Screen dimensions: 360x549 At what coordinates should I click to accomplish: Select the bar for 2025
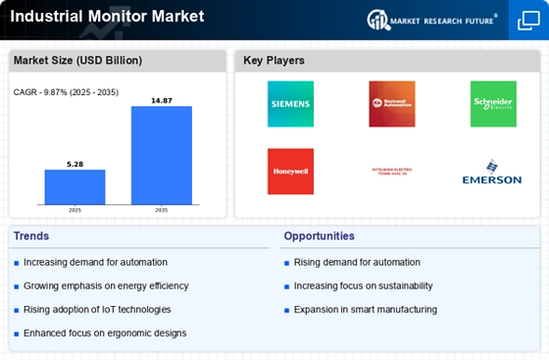click(75, 186)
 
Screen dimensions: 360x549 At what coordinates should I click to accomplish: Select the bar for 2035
click(162, 154)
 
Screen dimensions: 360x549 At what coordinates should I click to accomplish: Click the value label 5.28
click(75, 163)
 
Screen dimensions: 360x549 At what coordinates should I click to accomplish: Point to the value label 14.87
click(162, 99)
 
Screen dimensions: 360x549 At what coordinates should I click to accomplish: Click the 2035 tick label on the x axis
click(162, 210)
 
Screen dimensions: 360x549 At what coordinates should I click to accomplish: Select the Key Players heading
click(274, 61)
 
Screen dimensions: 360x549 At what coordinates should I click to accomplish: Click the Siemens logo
click(290, 103)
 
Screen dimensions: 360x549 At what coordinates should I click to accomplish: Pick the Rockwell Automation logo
click(391, 103)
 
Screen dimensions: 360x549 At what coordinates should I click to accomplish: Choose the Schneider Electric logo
click(492, 103)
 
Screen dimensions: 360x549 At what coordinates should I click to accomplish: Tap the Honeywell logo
click(290, 171)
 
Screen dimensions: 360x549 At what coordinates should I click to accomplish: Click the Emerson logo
click(492, 173)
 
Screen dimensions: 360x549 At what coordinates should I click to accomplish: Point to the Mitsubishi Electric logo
click(391, 171)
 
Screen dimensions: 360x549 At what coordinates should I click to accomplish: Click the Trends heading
click(31, 236)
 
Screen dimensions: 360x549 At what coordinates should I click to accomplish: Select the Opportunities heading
click(320, 236)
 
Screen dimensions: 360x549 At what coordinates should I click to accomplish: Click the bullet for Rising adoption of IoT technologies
click(17, 310)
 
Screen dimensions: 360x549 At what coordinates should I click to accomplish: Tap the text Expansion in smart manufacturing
click(365, 310)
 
